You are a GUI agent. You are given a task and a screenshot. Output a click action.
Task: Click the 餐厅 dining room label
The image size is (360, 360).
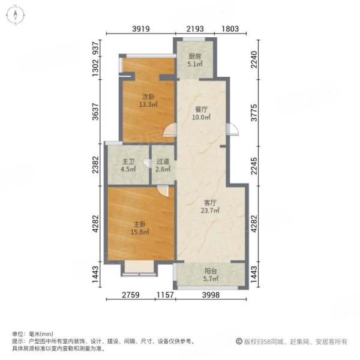(202, 110)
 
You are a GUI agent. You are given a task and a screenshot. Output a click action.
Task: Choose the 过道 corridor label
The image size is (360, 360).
(163, 161)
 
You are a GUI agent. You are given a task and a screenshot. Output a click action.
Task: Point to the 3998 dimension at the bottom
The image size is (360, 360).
(210, 295)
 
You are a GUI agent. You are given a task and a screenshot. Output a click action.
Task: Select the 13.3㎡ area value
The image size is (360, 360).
(149, 104)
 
